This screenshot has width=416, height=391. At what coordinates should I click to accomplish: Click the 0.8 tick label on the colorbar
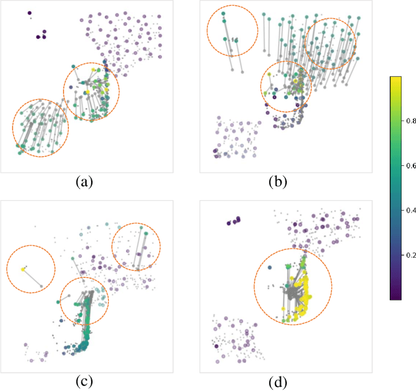(410, 121)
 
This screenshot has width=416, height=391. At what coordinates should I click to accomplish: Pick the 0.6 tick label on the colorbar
(410, 165)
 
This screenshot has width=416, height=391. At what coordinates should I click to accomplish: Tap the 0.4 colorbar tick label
(410, 210)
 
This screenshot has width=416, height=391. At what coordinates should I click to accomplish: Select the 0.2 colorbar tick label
(410, 255)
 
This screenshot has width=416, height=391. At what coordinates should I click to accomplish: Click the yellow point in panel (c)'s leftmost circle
(23, 269)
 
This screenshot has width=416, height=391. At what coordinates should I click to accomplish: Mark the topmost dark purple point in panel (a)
(30, 12)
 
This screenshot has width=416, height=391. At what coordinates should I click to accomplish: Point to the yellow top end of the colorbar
(396, 79)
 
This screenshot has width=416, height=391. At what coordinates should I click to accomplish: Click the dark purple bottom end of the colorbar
(396, 297)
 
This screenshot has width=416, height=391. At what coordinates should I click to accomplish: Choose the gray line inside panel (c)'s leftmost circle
(33, 278)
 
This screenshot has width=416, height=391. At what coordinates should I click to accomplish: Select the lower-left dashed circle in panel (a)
(40, 128)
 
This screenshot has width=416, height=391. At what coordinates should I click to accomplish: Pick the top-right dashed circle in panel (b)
(330, 43)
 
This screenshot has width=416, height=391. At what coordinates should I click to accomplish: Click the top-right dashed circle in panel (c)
(136, 247)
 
